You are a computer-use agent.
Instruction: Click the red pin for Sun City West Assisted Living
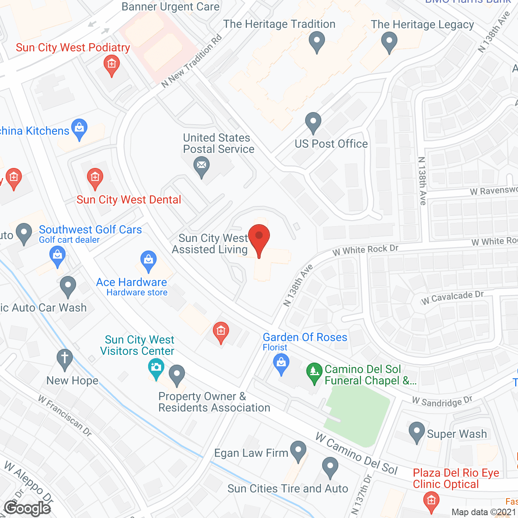pyautogui.click(x=259, y=237)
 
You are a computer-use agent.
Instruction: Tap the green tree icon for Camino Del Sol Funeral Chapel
pyautogui.click(x=314, y=371)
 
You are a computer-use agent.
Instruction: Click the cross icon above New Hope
pyautogui.click(x=64, y=358)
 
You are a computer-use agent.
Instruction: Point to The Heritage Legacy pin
pyautogui.click(x=389, y=41)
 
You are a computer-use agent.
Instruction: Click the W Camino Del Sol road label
pyautogui.click(x=356, y=454)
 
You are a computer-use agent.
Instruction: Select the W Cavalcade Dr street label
pyautogui.click(x=452, y=297)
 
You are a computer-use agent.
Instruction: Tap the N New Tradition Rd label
pyautogui.click(x=192, y=61)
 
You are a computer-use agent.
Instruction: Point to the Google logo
pyautogui.click(x=28, y=508)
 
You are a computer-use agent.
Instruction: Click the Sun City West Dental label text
pyautogui.click(x=129, y=200)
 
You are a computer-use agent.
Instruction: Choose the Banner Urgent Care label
pyautogui.click(x=170, y=7)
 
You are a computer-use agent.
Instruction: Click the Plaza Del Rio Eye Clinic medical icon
pyautogui.click(x=431, y=500)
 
